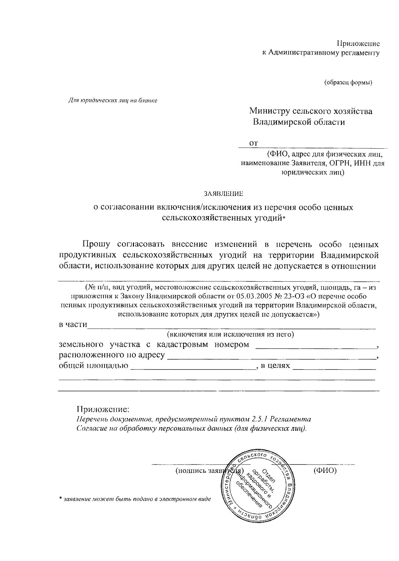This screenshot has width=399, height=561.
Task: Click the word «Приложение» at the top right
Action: click(358, 44)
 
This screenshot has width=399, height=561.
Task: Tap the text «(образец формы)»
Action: click(348, 82)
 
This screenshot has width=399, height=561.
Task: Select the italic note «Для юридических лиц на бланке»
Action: click(112, 100)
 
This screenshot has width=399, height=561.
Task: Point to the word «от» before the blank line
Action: click(254, 143)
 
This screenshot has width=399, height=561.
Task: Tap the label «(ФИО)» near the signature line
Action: click(325, 471)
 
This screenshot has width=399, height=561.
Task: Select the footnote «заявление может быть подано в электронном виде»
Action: click(137, 499)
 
